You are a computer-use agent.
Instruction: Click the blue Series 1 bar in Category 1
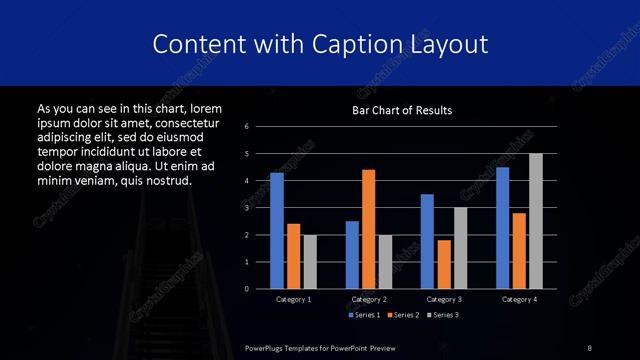[x=277, y=231]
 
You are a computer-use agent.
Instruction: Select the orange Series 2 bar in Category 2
[x=368, y=229]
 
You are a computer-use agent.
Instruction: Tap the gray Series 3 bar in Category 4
[x=536, y=221]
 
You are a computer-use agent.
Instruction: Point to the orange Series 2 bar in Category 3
[x=444, y=264]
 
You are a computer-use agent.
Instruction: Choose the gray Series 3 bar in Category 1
[x=309, y=261]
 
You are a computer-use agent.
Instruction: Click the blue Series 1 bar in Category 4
[x=503, y=228]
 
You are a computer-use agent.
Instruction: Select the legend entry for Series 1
[x=363, y=315]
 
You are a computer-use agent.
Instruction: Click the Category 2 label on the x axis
[x=369, y=299]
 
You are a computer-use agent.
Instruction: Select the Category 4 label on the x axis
[x=519, y=299]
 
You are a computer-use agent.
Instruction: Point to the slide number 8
[x=590, y=347]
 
